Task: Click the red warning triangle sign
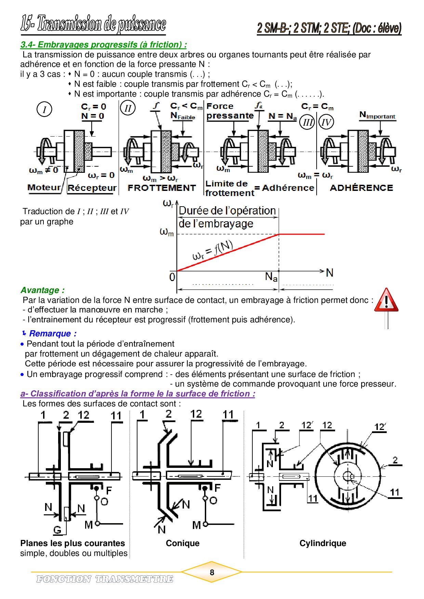(386, 300)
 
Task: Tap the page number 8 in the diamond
(212, 572)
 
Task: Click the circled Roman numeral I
(44, 110)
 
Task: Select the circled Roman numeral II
(128, 108)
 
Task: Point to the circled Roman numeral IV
(326, 122)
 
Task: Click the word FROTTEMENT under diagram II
(161, 188)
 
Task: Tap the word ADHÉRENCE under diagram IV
(361, 188)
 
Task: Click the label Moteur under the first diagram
(44, 187)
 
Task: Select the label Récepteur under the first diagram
(92, 188)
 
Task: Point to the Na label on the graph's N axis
(271, 277)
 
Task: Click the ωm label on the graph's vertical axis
(167, 232)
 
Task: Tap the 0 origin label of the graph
(172, 277)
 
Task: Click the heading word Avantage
(42, 290)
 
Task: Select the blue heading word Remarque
(53, 334)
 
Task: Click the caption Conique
(183, 543)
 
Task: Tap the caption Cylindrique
(322, 543)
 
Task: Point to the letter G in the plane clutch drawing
(57, 530)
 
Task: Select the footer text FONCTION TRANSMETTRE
(105, 579)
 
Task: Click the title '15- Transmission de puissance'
(93, 24)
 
